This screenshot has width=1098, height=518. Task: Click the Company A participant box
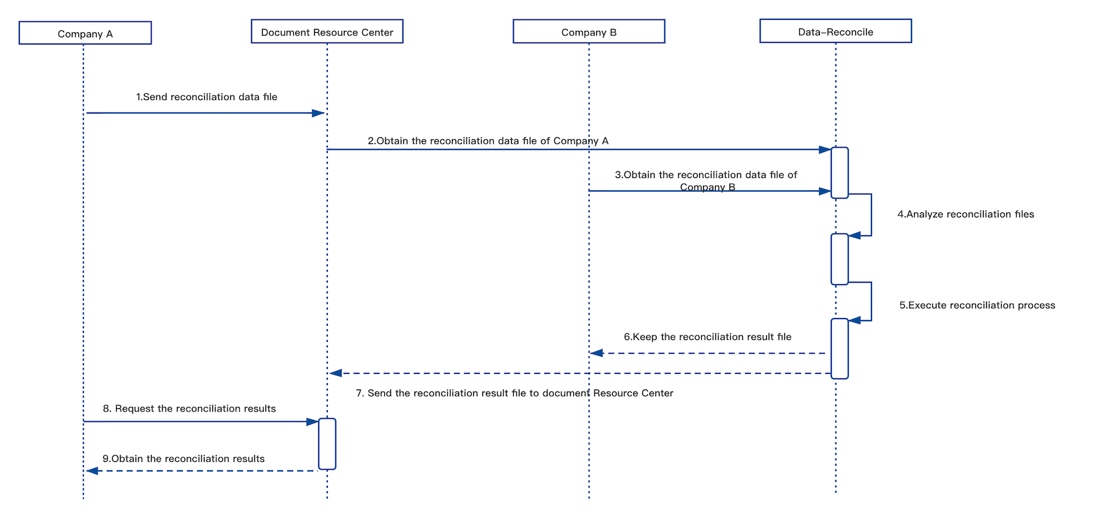(x=85, y=33)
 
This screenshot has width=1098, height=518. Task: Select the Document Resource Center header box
(x=327, y=32)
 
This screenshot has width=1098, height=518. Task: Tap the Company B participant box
(x=589, y=32)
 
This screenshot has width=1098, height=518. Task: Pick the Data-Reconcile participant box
(x=836, y=31)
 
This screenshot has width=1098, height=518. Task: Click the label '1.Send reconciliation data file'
(x=207, y=97)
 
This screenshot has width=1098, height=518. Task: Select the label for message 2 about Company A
(x=488, y=141)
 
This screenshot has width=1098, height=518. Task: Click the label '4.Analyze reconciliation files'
(x=966, y=214)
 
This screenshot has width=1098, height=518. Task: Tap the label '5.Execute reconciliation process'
(x=977, y=305)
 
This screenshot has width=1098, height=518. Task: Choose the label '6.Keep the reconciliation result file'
(x=707, y=337)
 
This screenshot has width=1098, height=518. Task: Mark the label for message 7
(x=514, y=393)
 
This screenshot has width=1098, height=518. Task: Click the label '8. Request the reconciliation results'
(x=189, y=409)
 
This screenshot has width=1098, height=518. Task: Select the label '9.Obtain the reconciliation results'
(x=183, y=459)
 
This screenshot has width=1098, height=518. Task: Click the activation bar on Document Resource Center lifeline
(x=327, y=444)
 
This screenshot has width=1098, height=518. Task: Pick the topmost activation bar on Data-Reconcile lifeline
(x=840, y=172)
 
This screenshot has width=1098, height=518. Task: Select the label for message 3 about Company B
(x=706, y=181)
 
